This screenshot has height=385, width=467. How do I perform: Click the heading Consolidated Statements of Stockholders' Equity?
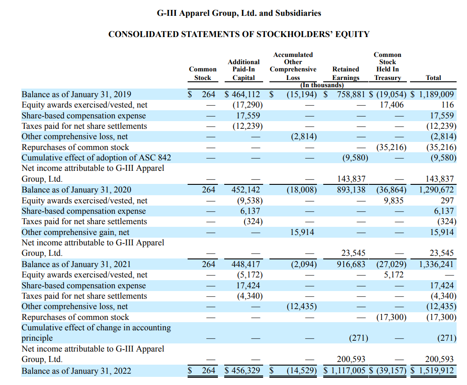(x=239, y=34)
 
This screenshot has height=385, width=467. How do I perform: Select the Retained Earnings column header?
(x=345, y=73)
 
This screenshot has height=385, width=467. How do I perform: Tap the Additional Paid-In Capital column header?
(x=244, y=70)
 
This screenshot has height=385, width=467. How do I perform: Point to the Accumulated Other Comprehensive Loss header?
(x=293, y=66)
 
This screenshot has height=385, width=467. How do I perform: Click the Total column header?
(x=433, y=78)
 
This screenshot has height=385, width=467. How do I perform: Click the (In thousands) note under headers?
(x=322, y=85)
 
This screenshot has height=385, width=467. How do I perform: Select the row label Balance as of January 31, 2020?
(x=76, y=190)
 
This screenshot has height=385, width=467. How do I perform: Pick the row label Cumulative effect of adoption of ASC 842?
(x=96, y=158)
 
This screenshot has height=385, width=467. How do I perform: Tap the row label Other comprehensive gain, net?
(x=75, y=232)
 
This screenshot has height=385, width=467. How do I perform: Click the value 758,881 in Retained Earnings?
(x=351, y=94)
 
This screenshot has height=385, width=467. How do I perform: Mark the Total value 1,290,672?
(x=436, y=190)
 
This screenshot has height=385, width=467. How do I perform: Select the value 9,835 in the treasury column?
(x=394, y=201)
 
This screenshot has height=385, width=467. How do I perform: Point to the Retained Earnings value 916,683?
(x=351, y=264)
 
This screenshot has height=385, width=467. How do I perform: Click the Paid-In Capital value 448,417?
(x=245, y=264)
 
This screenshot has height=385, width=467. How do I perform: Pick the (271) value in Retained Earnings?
(x=359, y=338)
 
